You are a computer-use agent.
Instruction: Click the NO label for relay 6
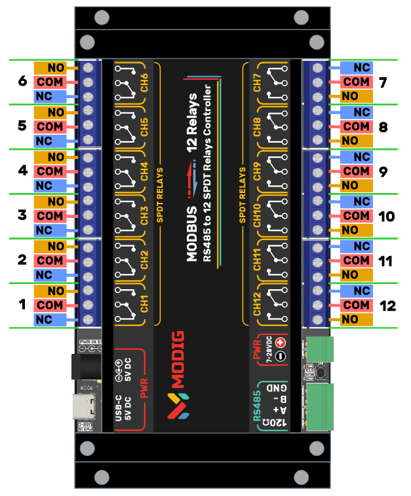(55, 68)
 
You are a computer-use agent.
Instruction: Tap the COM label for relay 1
(50, 305)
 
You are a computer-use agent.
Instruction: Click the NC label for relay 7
(362, 68)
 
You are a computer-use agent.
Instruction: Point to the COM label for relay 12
(356, 305)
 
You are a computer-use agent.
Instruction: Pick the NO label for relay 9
(350, 186)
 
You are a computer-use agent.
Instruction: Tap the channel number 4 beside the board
(22, 171)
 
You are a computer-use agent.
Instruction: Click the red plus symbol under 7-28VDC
(281, 343)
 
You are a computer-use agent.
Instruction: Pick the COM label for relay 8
(356, 126)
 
